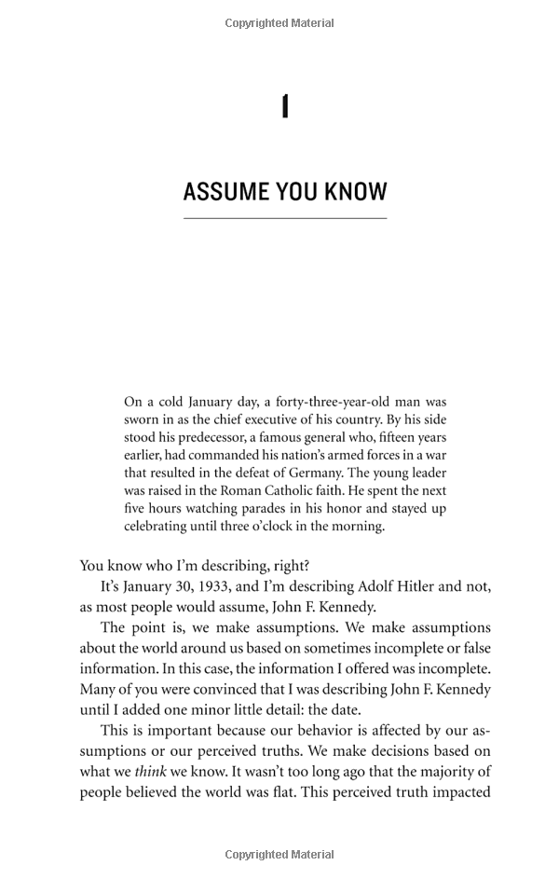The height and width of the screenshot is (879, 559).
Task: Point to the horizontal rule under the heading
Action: tap(285, 218)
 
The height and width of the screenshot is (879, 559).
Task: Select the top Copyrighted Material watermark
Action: tap(279, 23)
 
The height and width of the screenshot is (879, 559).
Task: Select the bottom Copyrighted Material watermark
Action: tap(279, 855)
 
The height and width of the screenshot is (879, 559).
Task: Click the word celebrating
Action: tap(159, 526)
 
